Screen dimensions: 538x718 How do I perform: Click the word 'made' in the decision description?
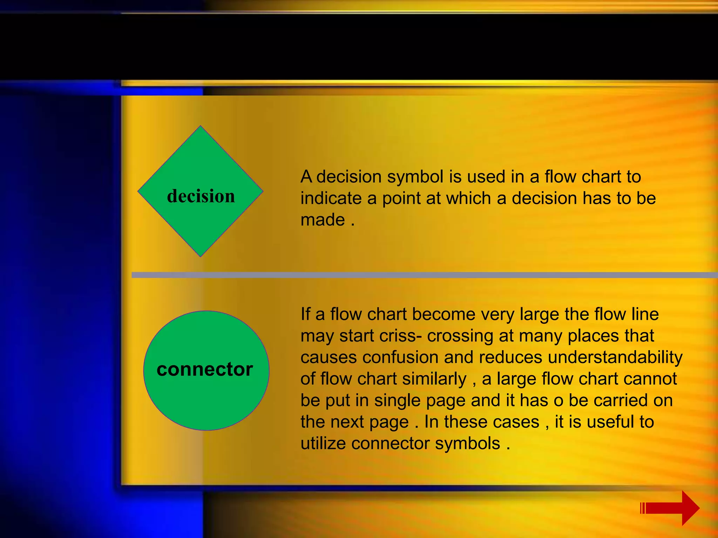click(323, 220)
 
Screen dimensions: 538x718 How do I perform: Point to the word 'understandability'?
click(615, 357)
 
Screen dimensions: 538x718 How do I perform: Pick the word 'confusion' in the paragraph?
click(400, 357)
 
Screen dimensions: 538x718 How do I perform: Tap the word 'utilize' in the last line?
click(323, 443)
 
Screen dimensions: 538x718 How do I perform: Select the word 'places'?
click(593, 336)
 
